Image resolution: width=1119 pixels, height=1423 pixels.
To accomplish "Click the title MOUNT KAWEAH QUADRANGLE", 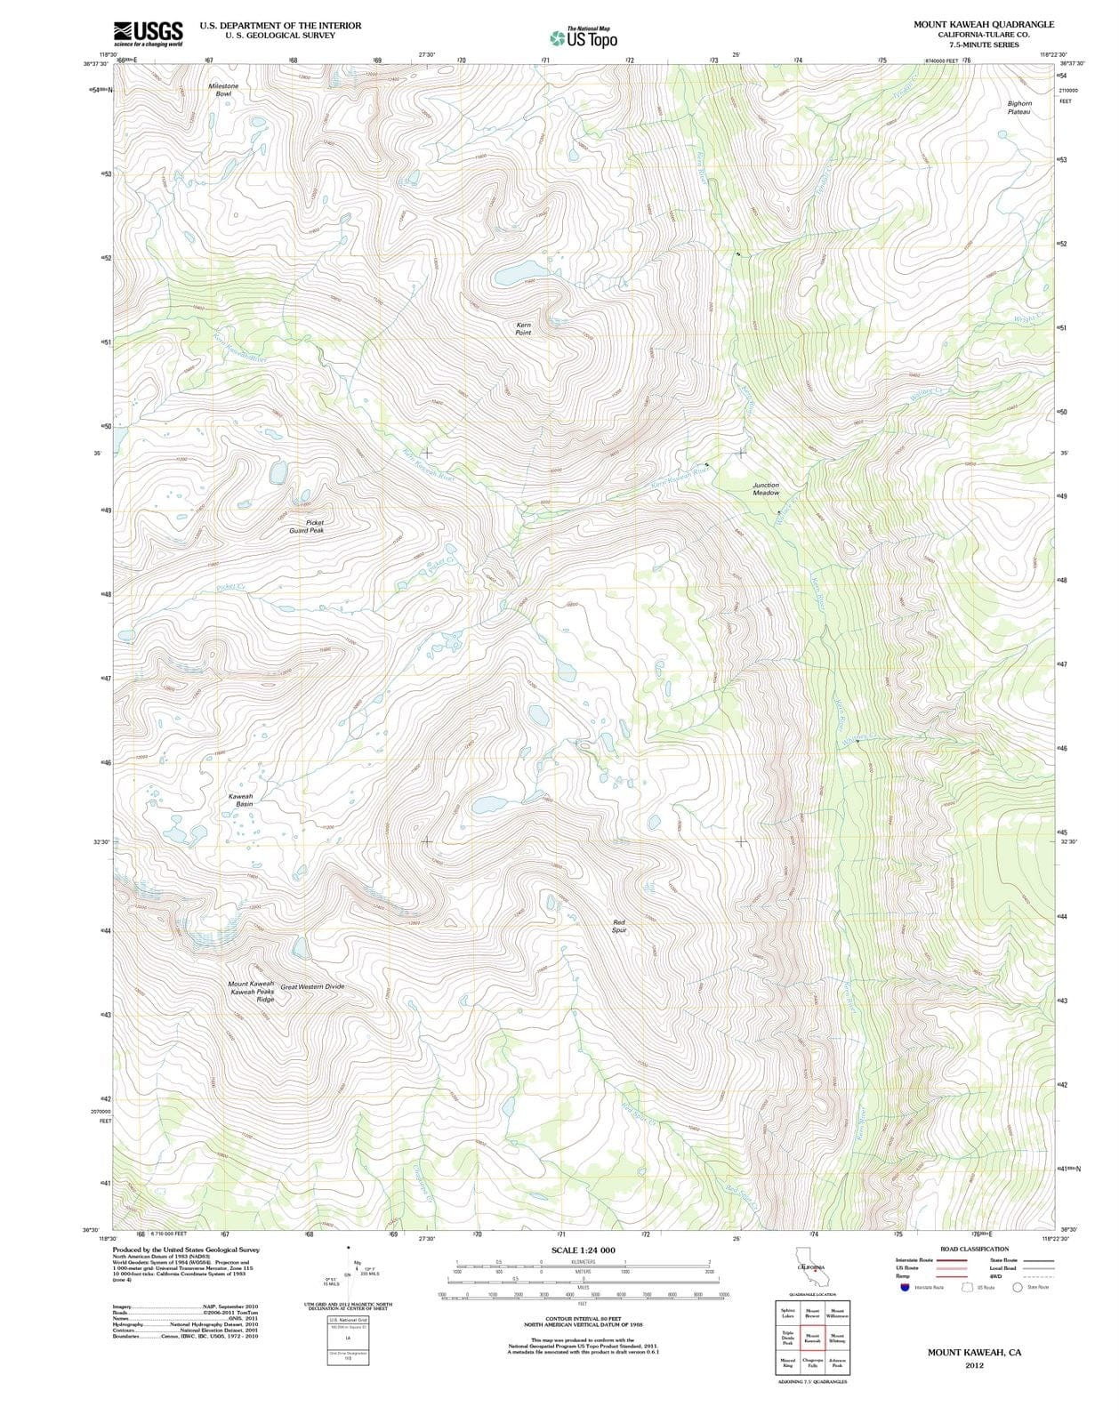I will tap(983, 24).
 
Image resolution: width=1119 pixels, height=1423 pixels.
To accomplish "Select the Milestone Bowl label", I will tap(223, 89).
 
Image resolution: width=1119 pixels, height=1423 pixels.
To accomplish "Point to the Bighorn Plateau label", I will tap(1019, 108).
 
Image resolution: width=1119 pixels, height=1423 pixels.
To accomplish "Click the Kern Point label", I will tap(524, 329).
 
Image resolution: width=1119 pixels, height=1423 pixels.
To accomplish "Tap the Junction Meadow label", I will tap(766, 489).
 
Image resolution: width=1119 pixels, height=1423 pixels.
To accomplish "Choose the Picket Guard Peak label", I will tap(307, 527).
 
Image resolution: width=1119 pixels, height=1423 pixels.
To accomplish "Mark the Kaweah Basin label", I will tap(241, 800).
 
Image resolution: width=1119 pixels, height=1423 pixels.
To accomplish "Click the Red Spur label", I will tap(620, 926).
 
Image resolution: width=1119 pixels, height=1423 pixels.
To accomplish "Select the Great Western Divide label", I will tap(312, 986).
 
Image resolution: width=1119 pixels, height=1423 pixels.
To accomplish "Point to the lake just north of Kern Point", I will tap(517, 271).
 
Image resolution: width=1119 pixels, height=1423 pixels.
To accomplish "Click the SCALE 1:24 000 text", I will tap(583, 1250).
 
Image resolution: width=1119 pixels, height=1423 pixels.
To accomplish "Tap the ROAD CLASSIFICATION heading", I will tap(974, 1249).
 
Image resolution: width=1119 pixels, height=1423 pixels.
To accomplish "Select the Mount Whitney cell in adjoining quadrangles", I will tap(837, 1339).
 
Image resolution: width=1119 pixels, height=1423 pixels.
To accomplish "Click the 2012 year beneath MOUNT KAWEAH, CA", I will tap(974, 1366).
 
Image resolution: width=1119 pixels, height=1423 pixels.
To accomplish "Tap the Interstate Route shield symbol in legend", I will tap(904, 1287).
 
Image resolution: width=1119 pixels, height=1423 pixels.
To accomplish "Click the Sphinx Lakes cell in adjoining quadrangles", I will tap(788, 1314).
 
